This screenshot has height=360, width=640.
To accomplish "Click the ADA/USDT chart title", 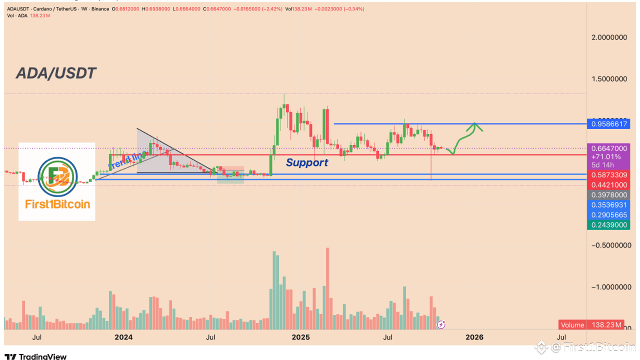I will coord(56,73).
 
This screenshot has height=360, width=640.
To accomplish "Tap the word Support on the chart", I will coord(307,162).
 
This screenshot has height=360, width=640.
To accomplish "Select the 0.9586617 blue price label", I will coord(608,123).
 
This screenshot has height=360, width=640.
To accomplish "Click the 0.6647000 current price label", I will coord(608,148).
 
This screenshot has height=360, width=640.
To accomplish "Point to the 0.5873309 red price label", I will coord(608,175).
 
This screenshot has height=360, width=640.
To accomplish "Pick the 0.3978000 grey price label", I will coord(608,194).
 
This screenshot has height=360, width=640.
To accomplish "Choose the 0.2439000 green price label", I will coord(608,225).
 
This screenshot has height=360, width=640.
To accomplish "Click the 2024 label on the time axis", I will coord(123,337).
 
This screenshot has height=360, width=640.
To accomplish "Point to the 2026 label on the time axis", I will coord(474,337).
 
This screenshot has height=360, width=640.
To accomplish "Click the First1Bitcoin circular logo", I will coord(56,176).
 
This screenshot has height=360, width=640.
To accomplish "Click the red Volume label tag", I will coord(572,325).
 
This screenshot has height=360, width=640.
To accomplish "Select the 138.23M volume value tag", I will coord(605,325).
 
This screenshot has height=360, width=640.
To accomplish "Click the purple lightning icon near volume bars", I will coord(441,324).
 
